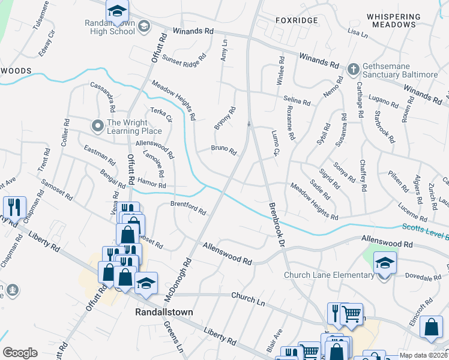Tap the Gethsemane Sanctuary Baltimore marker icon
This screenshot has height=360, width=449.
(x=353, y=68)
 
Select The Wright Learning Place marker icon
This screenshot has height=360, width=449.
(x=97, y=126)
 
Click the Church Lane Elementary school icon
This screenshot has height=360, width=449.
(x=385, y=263)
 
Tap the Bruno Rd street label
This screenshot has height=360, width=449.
(x=223, y=149)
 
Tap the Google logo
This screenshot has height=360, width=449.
(x=20, y=353)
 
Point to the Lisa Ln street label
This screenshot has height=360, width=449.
(x=357, y=33)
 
